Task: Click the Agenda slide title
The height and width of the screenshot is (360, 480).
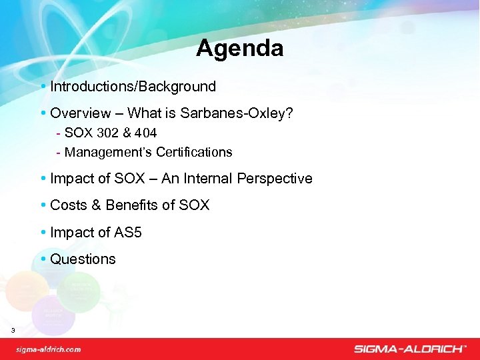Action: click(239, 48)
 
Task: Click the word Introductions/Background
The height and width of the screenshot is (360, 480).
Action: click(133, 86)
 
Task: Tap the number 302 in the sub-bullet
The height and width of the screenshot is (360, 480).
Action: click(109, 133)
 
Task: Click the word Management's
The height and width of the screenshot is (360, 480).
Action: click(109, 152)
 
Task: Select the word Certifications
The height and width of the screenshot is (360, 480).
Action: click(194, 152)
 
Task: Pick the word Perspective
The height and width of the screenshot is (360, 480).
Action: click(279, 179)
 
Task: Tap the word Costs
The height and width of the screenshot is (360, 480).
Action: click(68, 205)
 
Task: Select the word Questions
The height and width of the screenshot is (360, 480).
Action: click(83, 259)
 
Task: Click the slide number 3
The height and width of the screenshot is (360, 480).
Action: click(13, 331)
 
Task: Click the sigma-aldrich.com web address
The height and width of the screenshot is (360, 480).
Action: click(49, 349)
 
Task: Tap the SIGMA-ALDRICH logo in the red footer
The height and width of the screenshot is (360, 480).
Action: click(409, 349)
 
